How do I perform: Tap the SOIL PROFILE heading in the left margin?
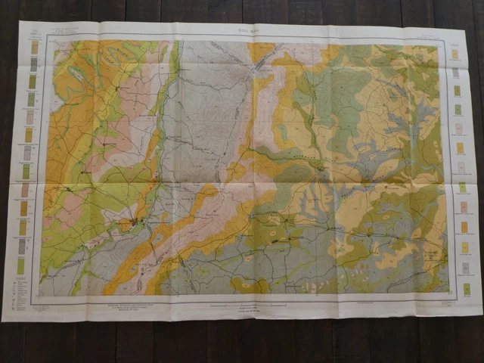click(33, 36)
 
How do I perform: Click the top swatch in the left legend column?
click(34, 47)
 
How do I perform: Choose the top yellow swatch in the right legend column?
click(455, 54)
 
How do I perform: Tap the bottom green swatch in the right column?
click(467, 289)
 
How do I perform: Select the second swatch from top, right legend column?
click(455, 73)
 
